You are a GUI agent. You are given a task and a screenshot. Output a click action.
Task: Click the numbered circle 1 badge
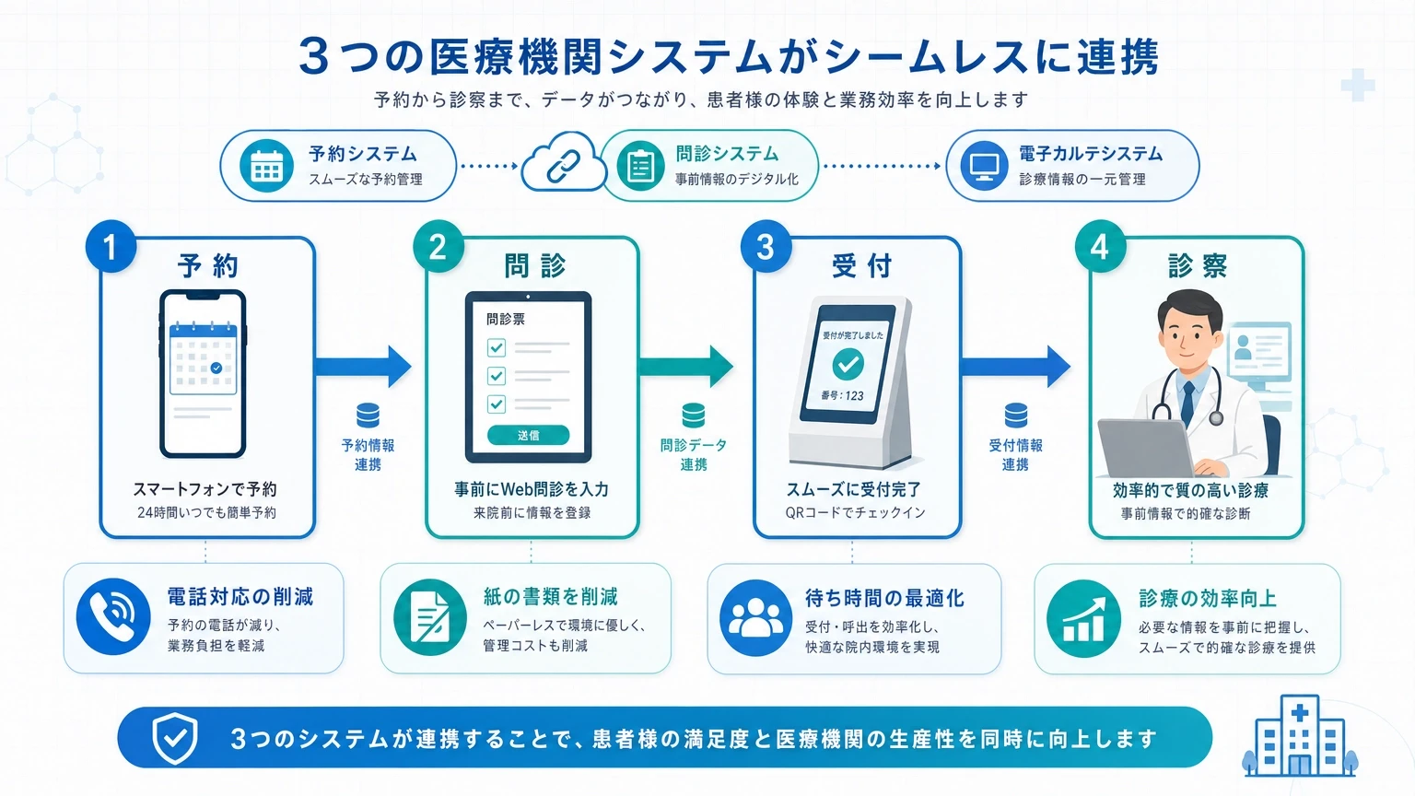coord(111,246)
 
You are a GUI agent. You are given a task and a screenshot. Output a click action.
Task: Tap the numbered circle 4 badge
coord(1101,246)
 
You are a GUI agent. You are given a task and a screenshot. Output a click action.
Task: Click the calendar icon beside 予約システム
coord(266,166)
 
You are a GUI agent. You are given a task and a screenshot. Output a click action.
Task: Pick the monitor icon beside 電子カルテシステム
coord(984,166)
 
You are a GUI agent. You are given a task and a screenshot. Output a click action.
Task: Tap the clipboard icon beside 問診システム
coord(640,166)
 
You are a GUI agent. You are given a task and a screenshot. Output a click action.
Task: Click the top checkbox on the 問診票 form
coord(497,347)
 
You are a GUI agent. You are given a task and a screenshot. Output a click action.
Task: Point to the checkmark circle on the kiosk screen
coord(848,363)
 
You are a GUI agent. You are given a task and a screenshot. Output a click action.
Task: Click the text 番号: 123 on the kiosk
coord(842,395)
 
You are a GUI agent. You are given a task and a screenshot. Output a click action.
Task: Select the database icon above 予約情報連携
coord(368,416)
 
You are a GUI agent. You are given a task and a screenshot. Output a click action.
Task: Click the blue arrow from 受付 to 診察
coord(1015,367)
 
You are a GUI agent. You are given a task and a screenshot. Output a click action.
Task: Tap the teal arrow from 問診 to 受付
coord(686,367)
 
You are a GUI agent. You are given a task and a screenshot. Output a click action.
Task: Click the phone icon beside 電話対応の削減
coord(113,616)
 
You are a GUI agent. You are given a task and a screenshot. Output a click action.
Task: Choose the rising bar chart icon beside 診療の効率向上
coord(1082,618)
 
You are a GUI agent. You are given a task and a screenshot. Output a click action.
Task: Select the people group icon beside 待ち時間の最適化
coord(755,618)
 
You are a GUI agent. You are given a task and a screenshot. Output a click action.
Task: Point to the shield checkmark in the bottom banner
coord(174,738)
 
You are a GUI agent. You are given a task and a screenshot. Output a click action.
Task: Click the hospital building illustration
coord(1300,737)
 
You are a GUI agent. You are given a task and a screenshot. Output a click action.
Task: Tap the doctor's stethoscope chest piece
coord(1215,417)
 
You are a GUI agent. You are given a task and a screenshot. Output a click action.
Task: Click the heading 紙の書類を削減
coord(550,596)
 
